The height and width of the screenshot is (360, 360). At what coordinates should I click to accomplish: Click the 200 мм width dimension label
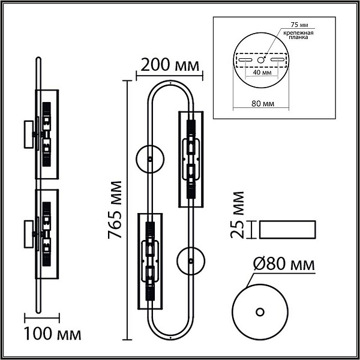click(x=170, y=65)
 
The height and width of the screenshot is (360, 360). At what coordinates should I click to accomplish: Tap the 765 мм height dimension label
click(x=115, y=210)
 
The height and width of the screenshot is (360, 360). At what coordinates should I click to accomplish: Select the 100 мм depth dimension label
click(x=53, y=334)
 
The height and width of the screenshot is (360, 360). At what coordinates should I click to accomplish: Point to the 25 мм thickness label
click(x=238, y=215)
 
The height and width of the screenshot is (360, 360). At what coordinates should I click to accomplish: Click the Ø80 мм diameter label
click(x=284, y=264)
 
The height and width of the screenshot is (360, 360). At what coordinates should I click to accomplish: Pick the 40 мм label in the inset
click(x=262, y=73)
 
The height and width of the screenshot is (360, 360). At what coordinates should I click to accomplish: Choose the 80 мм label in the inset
click(x=263, y=104)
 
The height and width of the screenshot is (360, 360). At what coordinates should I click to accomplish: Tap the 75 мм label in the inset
click(x=299, y=25)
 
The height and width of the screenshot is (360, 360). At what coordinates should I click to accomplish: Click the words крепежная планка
click(x=298, y=35)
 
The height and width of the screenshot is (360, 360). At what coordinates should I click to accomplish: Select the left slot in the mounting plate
click(x=245, y=60)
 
